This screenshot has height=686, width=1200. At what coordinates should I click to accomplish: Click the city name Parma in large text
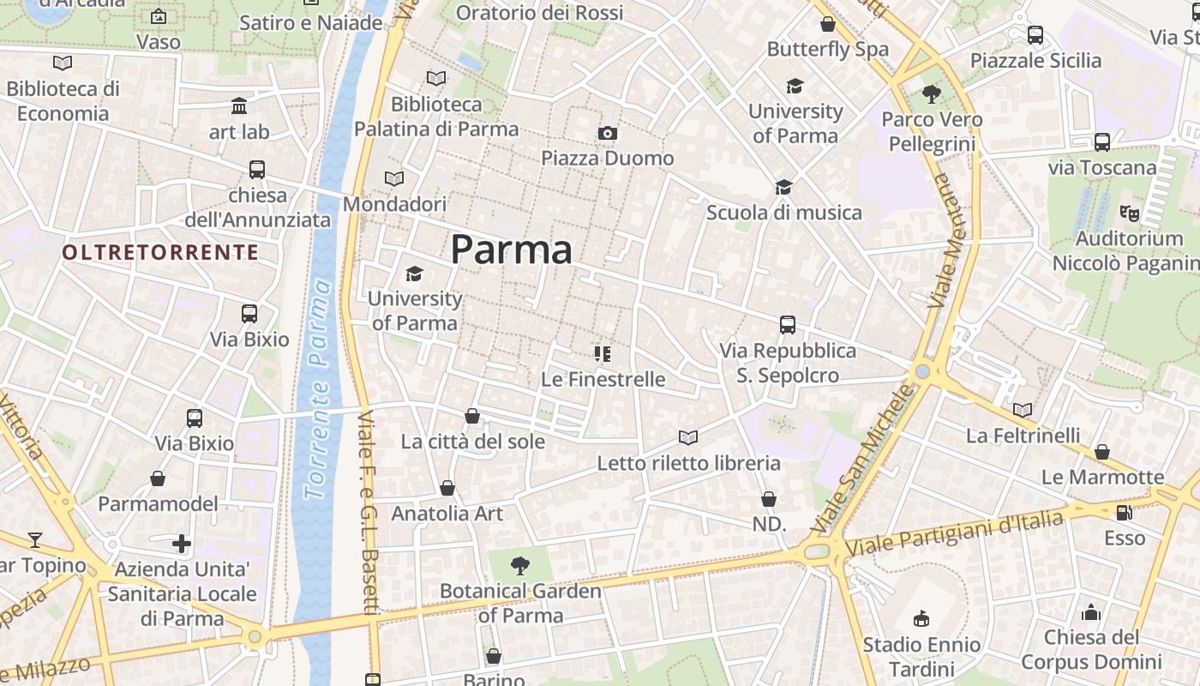pos(511,250)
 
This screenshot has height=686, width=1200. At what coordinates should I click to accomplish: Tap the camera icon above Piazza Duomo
pos(608,133)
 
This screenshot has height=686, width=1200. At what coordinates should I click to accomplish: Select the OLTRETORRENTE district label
pos(160,252)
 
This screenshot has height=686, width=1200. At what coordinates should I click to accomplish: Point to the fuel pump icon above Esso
pos(1124,513)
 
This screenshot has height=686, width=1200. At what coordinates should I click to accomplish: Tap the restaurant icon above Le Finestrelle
pos(603,353)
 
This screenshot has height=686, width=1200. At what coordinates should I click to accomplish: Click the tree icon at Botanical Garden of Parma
pos(519,565)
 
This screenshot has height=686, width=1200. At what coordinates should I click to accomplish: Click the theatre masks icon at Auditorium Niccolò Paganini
pos(1130,212)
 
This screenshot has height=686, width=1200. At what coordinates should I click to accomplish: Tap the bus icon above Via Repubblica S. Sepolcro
pos(788,325)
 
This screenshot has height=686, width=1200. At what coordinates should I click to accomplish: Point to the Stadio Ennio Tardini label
pos(921,657)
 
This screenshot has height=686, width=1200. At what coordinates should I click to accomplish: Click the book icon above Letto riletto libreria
pos(688,437)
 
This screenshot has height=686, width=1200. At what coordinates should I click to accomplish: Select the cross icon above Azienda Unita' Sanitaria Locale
pos(182,544)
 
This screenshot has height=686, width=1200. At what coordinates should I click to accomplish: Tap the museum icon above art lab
pos(239,106)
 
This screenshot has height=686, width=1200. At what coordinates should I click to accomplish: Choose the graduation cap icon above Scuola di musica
pos(783,187)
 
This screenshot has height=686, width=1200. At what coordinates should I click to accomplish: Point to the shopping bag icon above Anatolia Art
pos(447,488)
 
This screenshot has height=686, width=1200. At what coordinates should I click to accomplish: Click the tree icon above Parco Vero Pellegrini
pos(932,94)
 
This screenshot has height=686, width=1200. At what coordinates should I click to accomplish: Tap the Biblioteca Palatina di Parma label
pos(436,117)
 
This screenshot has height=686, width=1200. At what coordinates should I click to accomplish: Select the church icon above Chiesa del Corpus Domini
pos(1091,612)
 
